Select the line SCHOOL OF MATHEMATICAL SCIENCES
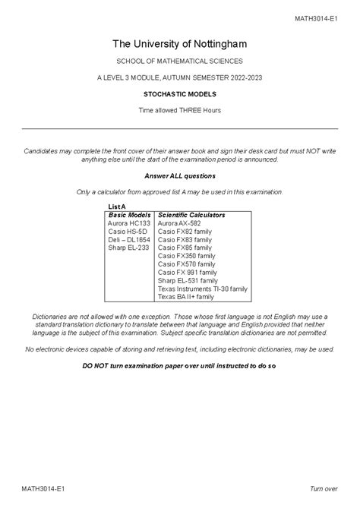[x=180, y=61]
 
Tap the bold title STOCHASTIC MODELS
[x=180, y=94]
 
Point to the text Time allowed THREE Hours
[x=180, y=111]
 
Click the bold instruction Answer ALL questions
[x=180, y=175]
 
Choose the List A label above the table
[x=117, y=207]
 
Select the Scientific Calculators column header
[x=191, y=215]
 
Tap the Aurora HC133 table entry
[x=129, y=223]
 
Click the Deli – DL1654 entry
[x=129, y=240]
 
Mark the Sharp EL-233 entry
[x=128, y=248]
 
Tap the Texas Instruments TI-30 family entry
[x=203, y=289]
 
